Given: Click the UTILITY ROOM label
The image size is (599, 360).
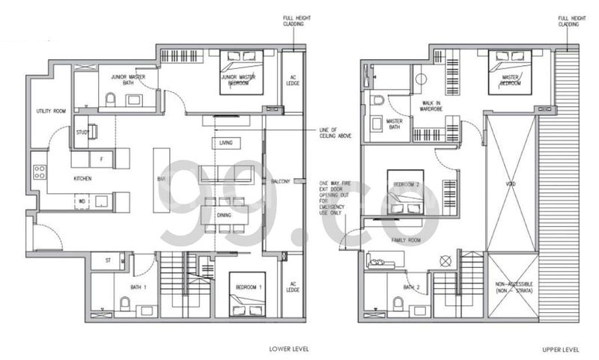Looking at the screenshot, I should [51, 112].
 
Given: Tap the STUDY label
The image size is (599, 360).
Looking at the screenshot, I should [82, 132].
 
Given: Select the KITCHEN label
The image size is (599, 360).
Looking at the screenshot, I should [82, 180].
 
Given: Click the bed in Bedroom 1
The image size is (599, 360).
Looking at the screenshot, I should [246, 299].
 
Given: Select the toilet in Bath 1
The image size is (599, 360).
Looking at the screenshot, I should [125, 304].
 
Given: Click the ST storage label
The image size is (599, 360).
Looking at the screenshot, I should [109, 260].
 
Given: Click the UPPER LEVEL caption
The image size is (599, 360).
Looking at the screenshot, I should [562, 349].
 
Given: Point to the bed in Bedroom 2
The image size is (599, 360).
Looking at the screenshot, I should [405, 191].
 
